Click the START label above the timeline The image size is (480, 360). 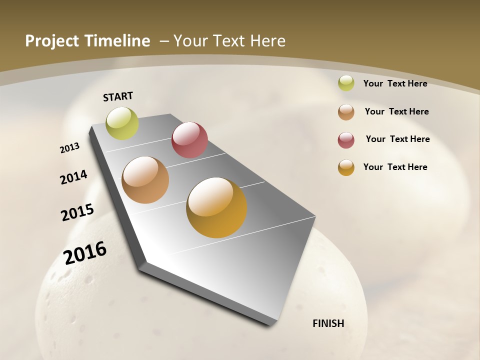(x=118, y=96)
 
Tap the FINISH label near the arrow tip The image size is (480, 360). (x=328, y=323)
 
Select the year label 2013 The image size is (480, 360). (x=70, y=148)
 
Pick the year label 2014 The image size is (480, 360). (x=74, y=177)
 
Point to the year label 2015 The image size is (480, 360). (x=77, y=212)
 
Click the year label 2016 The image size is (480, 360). (x=85, y=253)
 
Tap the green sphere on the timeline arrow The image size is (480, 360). (x=122, y=123)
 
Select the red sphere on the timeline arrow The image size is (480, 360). (x=189, y=140)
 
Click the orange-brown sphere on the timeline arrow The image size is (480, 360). (x=145, y=180)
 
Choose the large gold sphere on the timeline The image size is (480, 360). (x=216, y=207)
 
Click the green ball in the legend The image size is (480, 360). (x=346, y=83)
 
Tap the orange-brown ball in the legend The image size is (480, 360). (x=346, y=111)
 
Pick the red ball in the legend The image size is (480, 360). (x=346, y=139)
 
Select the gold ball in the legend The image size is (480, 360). (x=346, y=167)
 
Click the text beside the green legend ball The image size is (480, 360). (x=395, y=83)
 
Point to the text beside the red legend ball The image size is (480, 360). (x=398, y=139)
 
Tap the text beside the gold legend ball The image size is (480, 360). (x=395, y=167)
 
